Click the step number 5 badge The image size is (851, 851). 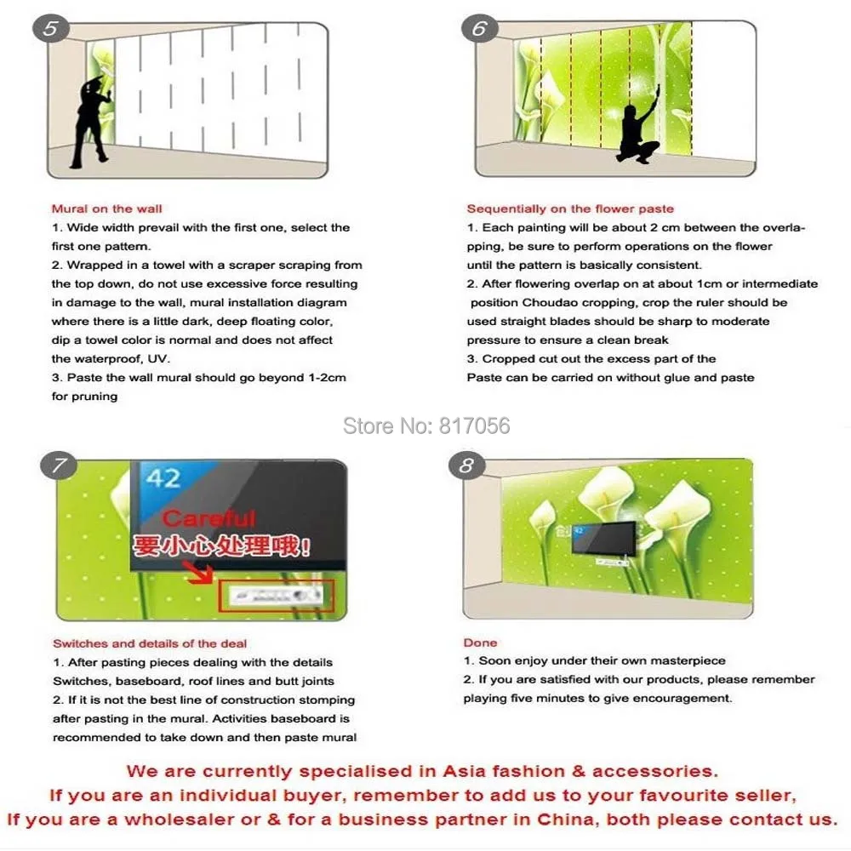[51, 29]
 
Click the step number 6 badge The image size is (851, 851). [479, 29]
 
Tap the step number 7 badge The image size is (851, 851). [58, 465]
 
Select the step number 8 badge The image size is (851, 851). [466, 465]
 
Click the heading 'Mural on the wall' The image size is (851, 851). [106, 208]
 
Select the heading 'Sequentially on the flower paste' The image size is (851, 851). [569, 208]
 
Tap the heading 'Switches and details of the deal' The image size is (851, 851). [150, 643]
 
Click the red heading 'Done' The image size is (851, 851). [480, 643]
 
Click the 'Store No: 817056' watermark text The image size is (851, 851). [426, 425]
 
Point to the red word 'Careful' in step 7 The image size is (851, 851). [208, 518]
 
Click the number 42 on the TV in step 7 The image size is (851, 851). [162, 477]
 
